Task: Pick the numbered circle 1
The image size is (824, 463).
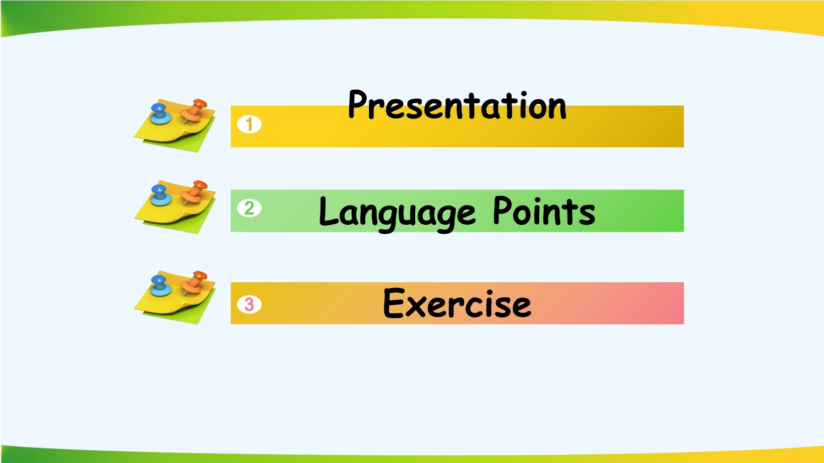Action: point(249,124)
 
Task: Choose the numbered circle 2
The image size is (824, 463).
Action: point(249,208)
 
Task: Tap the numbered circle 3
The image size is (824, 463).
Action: point(249,304)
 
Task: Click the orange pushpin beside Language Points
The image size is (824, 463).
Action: point(194,193)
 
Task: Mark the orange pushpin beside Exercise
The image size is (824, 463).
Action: point(194,283)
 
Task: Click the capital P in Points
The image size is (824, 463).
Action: point(503,210)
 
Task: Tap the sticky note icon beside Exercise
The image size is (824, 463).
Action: point(175,297)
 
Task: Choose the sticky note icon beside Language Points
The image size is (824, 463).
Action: point(175,207)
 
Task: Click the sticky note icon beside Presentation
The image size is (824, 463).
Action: point(175,126)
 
